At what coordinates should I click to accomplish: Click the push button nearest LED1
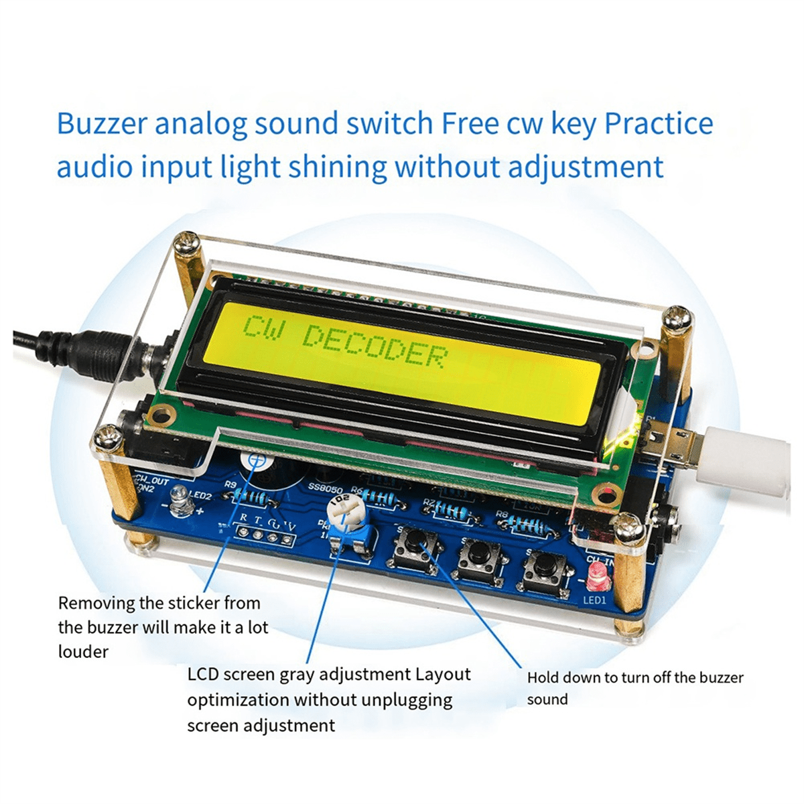click(545, 567)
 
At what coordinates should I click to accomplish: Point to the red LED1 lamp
click(595, 574)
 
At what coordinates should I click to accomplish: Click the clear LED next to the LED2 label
click(179, 500)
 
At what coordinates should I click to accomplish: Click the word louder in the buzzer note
click(83, 651)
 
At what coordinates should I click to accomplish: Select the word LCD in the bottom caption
click(202, 674)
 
